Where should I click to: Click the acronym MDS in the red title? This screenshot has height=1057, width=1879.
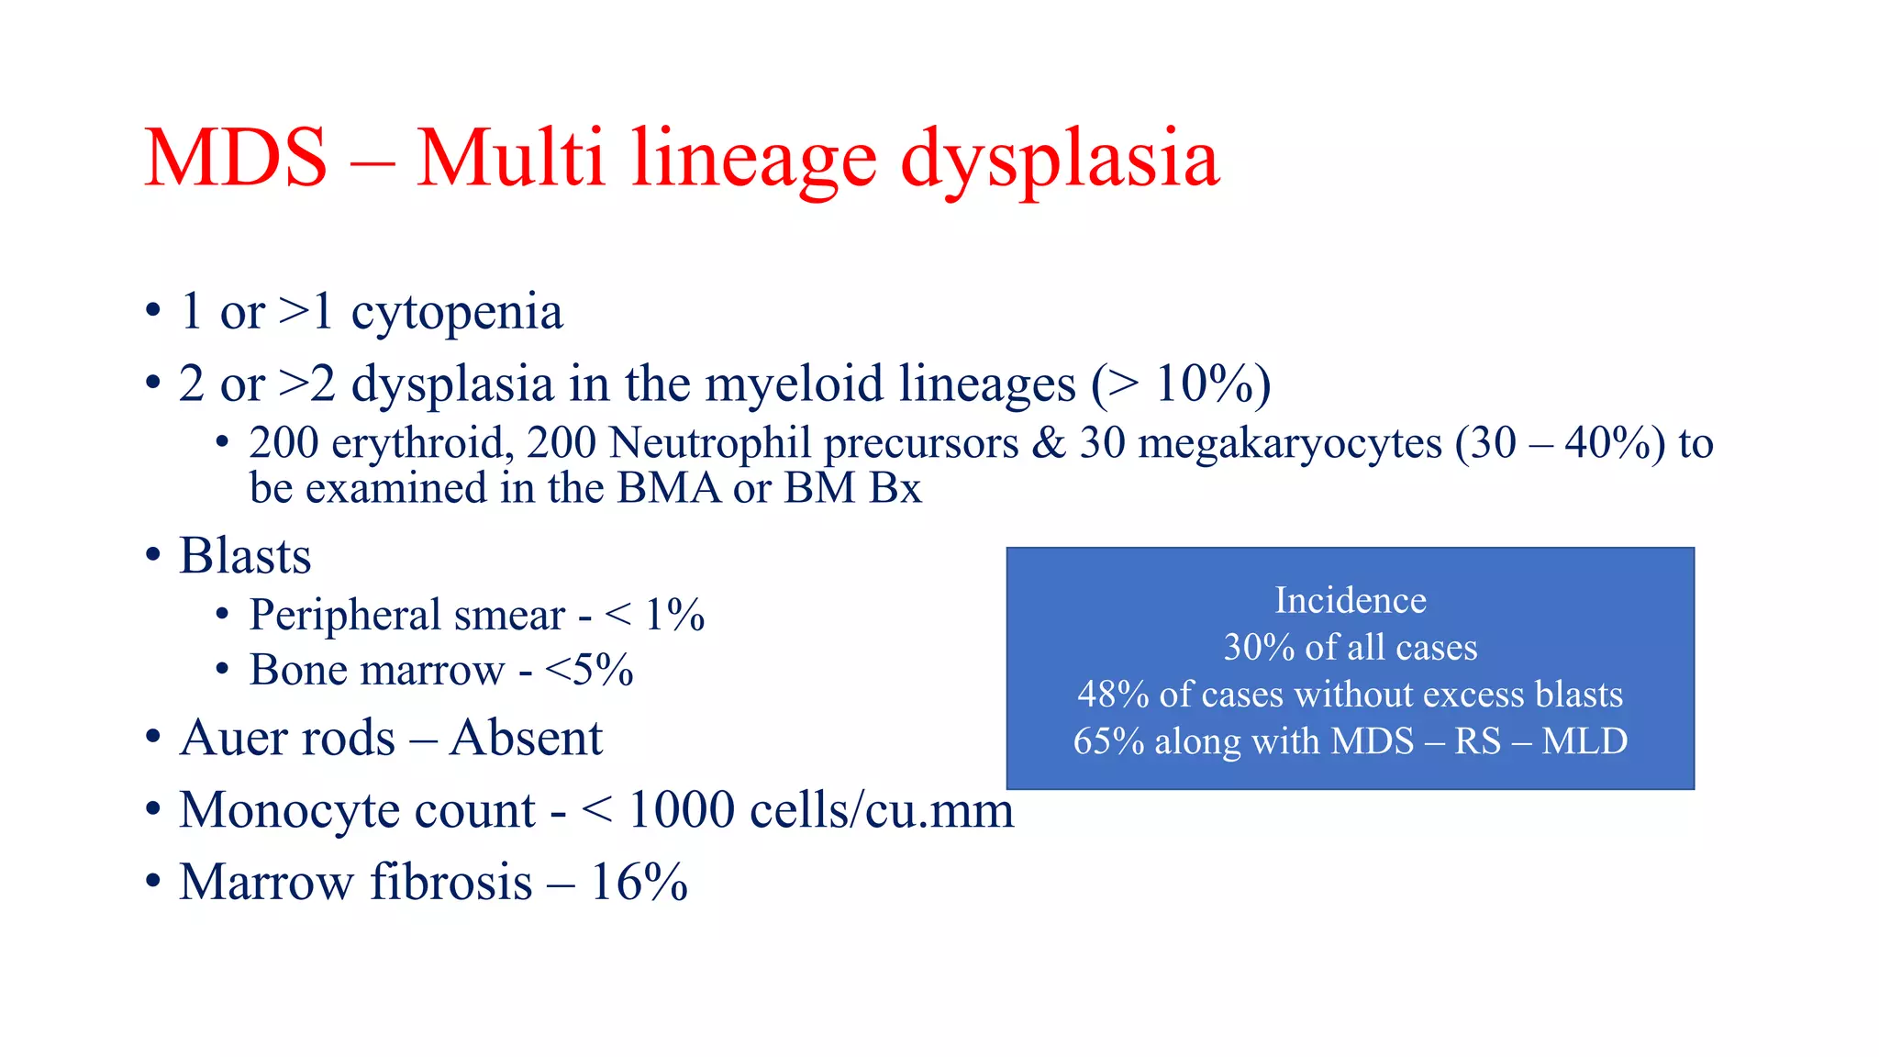236,159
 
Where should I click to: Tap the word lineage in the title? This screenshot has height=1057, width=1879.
754,161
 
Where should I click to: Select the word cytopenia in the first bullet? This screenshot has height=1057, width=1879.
457,314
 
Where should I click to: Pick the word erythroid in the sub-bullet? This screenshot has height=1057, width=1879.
417,444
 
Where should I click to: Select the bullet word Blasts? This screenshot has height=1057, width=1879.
245,556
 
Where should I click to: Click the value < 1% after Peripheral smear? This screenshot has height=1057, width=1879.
655,615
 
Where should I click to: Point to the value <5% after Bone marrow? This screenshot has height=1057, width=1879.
588,670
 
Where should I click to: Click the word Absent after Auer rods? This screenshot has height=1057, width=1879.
527,738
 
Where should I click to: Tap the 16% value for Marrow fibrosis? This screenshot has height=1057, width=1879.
639,883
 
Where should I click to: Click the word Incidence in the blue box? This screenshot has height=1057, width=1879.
1351,600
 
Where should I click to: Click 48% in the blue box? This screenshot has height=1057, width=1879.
1113,695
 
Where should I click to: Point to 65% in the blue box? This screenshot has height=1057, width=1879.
1108,741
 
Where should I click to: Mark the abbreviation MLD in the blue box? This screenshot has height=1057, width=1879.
1584,741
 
